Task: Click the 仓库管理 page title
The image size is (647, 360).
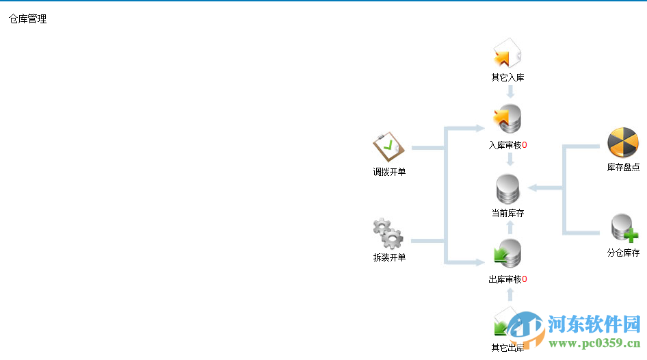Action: [x=28, y=19]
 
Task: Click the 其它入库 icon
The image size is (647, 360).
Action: [x=507, y=54]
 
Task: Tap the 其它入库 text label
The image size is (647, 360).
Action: [x=507, y=77]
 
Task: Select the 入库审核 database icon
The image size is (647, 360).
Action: [x=507, y=119]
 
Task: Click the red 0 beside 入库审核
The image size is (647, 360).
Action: [x=525, y=145]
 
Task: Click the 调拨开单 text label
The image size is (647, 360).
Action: [x=389, y=172]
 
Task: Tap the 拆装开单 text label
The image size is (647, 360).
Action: [x=389, y=257]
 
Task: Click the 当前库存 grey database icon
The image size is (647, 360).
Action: [x=507, y=189]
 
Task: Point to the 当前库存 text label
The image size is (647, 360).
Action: [x=507, y=213]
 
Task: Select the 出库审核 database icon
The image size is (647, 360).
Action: [x=507, y=254]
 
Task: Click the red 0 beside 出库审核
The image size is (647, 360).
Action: [x=525, y=279]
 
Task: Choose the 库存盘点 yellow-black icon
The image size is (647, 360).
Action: [x=622, y=142]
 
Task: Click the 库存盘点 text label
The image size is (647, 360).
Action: [x=623, y=167]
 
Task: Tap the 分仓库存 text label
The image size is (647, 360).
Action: [x=623, y=253]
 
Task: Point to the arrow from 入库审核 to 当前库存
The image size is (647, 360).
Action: [x=510, y=160]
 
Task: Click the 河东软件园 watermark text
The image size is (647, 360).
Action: [x=592, y=323]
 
